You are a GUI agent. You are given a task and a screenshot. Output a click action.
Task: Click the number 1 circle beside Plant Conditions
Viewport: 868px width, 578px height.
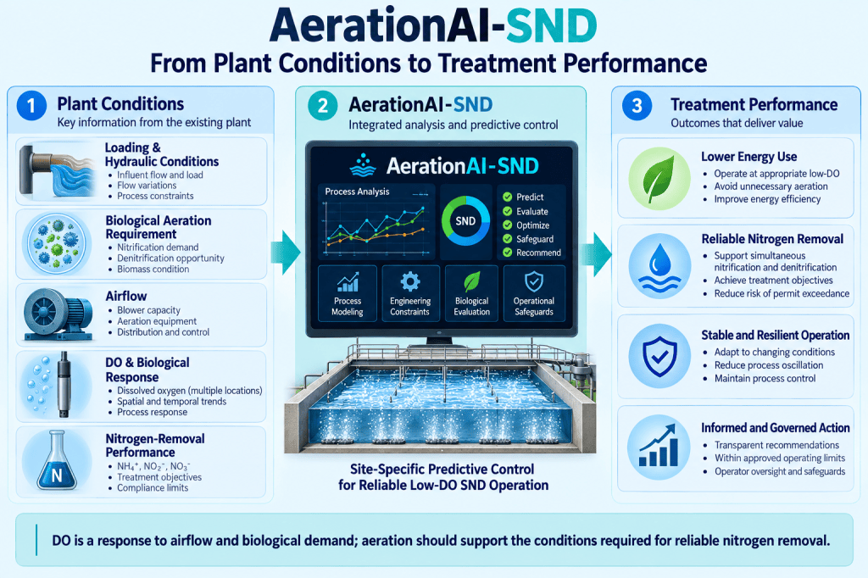click(31, 105)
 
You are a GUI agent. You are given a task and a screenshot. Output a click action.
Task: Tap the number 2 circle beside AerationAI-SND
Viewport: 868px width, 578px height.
click(322, 105)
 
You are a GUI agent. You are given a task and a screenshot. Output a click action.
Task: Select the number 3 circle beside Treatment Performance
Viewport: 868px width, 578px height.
click(637, 105)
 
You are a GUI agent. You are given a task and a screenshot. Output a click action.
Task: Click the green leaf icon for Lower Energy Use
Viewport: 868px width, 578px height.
click(659, 178)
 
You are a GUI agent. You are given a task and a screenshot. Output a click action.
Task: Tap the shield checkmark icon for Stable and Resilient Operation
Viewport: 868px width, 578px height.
click(659, 357)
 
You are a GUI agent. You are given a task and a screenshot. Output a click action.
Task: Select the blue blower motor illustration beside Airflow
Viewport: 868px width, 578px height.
click(58, 314)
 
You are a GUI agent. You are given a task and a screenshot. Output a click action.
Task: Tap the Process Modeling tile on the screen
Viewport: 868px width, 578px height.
click(347, 293)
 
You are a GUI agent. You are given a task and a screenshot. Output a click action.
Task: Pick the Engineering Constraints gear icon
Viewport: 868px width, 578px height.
click(409, 281)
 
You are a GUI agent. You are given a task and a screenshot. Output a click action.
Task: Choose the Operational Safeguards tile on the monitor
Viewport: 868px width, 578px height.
click(534, 293)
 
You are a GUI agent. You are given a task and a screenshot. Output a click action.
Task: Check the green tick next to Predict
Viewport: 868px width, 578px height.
click(507, 197)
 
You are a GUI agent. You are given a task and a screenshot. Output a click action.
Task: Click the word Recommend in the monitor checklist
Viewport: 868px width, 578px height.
click(538, 253)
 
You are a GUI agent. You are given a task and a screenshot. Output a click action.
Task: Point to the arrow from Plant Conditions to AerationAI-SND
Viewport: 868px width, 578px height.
click(286, 253)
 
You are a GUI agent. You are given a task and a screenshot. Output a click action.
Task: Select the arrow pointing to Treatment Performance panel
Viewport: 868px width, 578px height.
click(598, 253)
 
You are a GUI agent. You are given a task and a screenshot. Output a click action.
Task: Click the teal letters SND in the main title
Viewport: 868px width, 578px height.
click(552, 26)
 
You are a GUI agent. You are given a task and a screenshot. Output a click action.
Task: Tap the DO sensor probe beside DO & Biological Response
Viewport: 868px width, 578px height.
click(64, 385)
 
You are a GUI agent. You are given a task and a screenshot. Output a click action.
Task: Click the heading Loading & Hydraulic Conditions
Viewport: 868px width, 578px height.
click(162, 154)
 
